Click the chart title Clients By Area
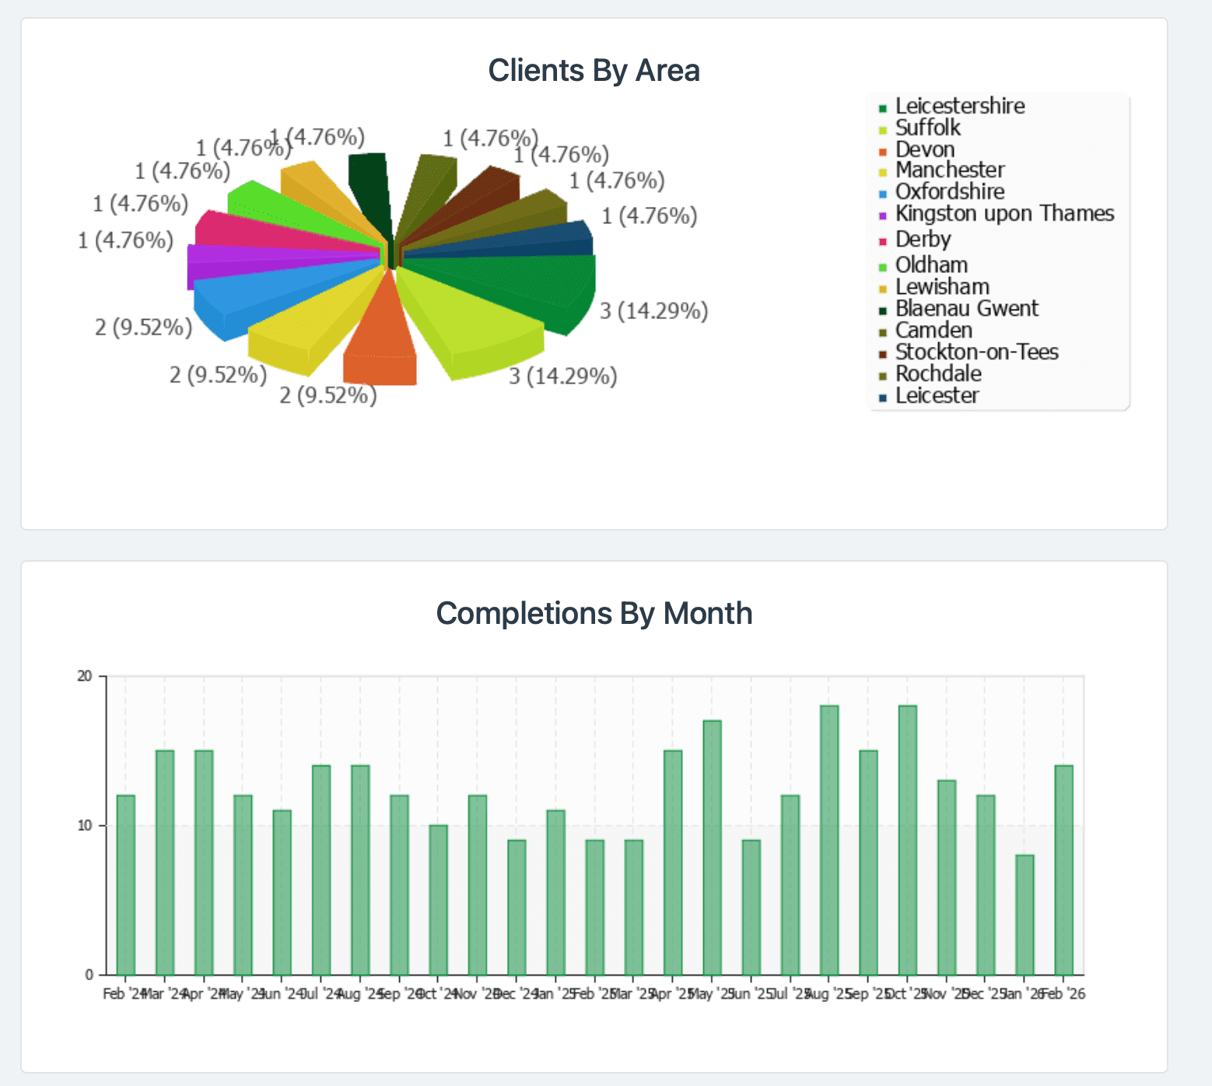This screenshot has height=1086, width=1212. pyautogui.click(x=594, y=71)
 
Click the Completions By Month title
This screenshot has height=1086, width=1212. pyautogui.click(x=594, y=614)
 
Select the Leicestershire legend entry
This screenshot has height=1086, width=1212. pyautogui.click(x=959, y=107)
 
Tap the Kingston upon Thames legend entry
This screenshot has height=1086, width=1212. pyautogui.click(x=1004, y=214)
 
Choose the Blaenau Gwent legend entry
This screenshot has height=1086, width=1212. pyautogui.click(x=966, y=309)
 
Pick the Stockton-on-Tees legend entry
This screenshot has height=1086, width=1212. pyautogui.click(x=976, y=352)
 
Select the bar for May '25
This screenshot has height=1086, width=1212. pyautogui.click(x=713, y=847)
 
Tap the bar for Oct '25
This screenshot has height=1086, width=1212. pyautogui.click(x=908, y=840)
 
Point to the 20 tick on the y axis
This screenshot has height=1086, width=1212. pyautogui.click(x=85, y=677)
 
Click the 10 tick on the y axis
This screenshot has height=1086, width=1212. pyautogui.click(x=85, y=825)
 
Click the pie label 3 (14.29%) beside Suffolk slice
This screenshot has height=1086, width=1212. pyautogui.click(x=563, y=377)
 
